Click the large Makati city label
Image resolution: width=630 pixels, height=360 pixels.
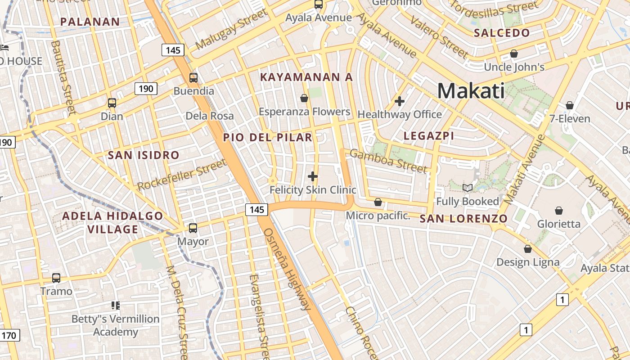471,91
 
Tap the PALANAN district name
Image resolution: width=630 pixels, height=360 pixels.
90,22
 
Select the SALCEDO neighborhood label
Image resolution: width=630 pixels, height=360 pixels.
502,33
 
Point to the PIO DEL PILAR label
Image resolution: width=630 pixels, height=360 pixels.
268,137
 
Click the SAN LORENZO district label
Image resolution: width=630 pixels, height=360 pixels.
463,219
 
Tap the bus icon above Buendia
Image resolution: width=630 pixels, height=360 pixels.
193,78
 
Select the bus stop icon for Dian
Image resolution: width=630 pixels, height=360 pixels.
112,103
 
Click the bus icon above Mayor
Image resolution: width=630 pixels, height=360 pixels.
193,228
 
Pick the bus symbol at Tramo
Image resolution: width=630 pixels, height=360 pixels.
56,278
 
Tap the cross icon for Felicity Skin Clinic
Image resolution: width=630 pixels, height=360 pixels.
313,176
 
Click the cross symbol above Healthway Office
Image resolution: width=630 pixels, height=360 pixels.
399,101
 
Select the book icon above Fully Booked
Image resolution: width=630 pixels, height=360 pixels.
468,188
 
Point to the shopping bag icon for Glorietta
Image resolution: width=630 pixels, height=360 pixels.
559,211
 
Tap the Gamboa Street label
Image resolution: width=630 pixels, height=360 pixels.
388,161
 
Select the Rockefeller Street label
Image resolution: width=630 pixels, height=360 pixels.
182,175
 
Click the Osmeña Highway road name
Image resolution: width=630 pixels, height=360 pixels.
287,269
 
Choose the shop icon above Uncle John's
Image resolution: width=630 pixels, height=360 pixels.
514,54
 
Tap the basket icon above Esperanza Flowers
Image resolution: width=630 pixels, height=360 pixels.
304,98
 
